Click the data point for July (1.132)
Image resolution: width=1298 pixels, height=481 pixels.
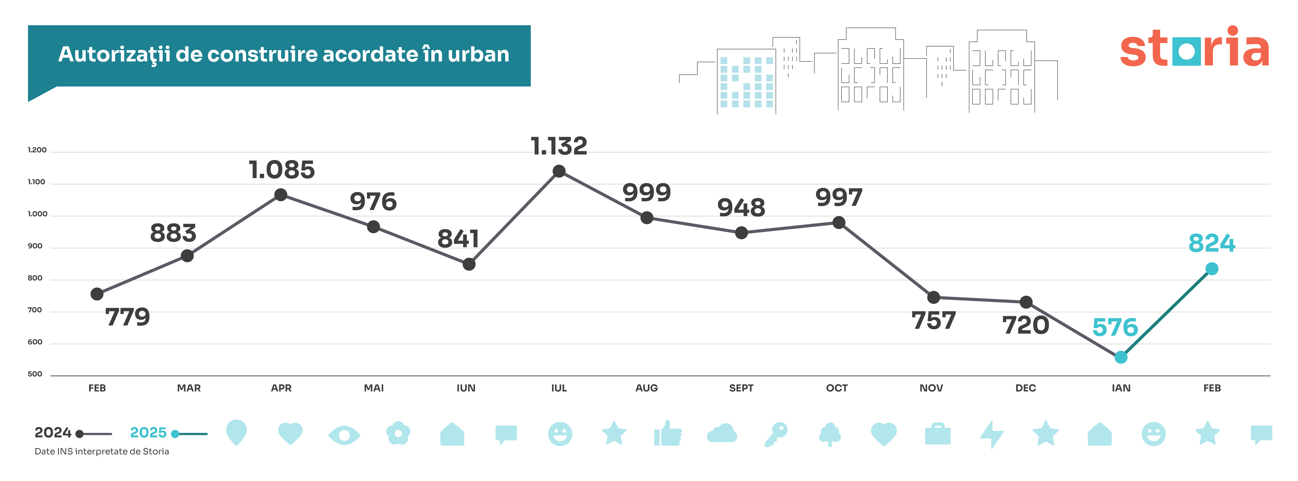pos(559,171)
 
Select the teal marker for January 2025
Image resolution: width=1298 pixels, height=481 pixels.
pos(1121,357)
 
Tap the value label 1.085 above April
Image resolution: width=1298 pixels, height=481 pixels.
pos(282,170)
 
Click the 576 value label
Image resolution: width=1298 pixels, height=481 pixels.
pos(1115,328)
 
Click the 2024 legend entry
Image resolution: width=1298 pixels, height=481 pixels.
pos(53,433)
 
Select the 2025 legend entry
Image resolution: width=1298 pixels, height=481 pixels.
pos(148,433)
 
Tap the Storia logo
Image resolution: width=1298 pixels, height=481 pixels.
pos(1194,48)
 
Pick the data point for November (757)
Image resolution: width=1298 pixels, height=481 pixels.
pos(933,297)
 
